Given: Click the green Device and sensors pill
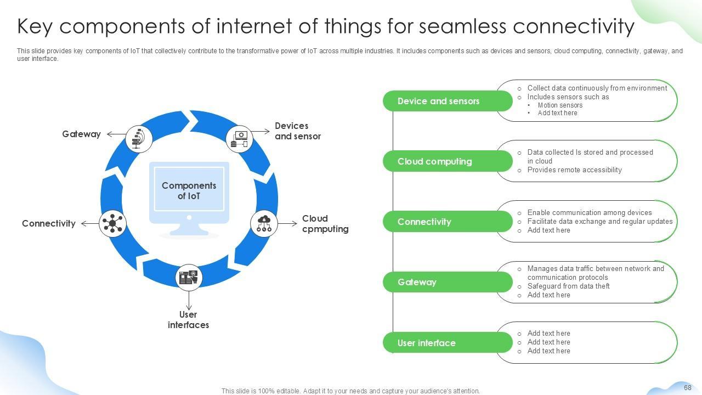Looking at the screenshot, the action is pyautogui.click(x=448, y=101).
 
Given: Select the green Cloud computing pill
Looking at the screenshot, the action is pyautogui.click(x=448, y=161).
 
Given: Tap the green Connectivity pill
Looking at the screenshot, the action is pyautogui.click(x=448, y=222).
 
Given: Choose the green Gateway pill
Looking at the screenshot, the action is pyautogui.click(x=448, y=282).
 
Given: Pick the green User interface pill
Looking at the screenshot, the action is pyautogui.click(x=448, y=343).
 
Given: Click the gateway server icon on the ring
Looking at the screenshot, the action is pyautogui.click(x=139, y=139).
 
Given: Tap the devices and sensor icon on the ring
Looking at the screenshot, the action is pyautogui.click(x=240, y=139).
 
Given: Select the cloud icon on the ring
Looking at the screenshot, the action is pyautogui.click(x=264, y=223).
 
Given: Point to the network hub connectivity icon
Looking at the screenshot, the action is pyautogui.click(x=112, y=223).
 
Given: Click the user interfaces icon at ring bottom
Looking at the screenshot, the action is pyautogui.click(x=189, y=278).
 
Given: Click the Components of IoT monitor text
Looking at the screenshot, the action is pyautogui.click(x=189, y=190).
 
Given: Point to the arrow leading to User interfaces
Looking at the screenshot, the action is pyautogui.click(x=189, y=301).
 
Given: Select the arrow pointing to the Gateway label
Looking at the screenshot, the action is pyautogui.click(x=116, y=134).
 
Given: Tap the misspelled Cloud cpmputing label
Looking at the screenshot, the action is pyautogui.click(x=325, y=223).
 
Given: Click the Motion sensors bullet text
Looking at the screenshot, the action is pyautogui.click(x=560, y=105).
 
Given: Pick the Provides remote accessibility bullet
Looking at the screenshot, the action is pyautogui.click(x=574, y=170).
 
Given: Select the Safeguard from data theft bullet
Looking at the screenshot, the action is pyautogui.click(x=568, y=286).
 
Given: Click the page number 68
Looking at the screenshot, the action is pyautogui.click(x=688, y=387).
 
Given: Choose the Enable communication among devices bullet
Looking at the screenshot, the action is pyautogui.click(x=590, y=212).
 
